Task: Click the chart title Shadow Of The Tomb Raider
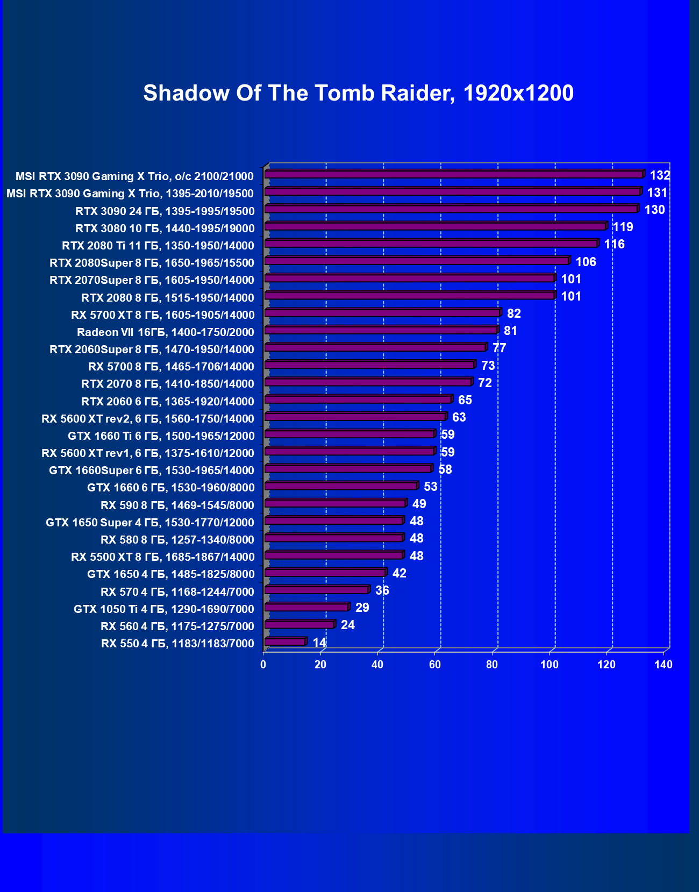pyautogui.click(x=358, y=94)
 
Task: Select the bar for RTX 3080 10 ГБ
pyautogui.click(x=436, y=226)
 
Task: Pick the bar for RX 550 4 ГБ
pyautogui.click(x=285, y=641)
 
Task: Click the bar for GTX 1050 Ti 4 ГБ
pyautogui.click(x=306, y=607)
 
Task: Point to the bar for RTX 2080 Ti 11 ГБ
pyautogui.click(x=431, y=244)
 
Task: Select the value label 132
pyautogui.click(x=660, y=175)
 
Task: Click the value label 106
pyautogui.click(x=586, y=262)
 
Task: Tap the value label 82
pyautogui.click(x=513, y=313)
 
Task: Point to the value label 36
pyautogui.click(x=382, y=590)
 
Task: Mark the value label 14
pyautogui.click(x=319, y=643)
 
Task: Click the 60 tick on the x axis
pyautogui.click(x=435, y=665)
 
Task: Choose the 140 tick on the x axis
pyautogui.click(x=664, y=665)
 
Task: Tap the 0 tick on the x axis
pyautogui.click(x=263, y=665)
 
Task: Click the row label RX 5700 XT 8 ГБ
pyautogui.click(x=162, y=315)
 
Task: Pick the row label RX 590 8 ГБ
pyautogui.click(x=177, y=505)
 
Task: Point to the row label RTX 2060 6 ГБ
pyautogui.click(x=167, y=402)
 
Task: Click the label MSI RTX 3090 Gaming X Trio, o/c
pyautogui.click(x=134, y=176)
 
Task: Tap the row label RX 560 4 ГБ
pyautogui.click(x=177, y=626)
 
